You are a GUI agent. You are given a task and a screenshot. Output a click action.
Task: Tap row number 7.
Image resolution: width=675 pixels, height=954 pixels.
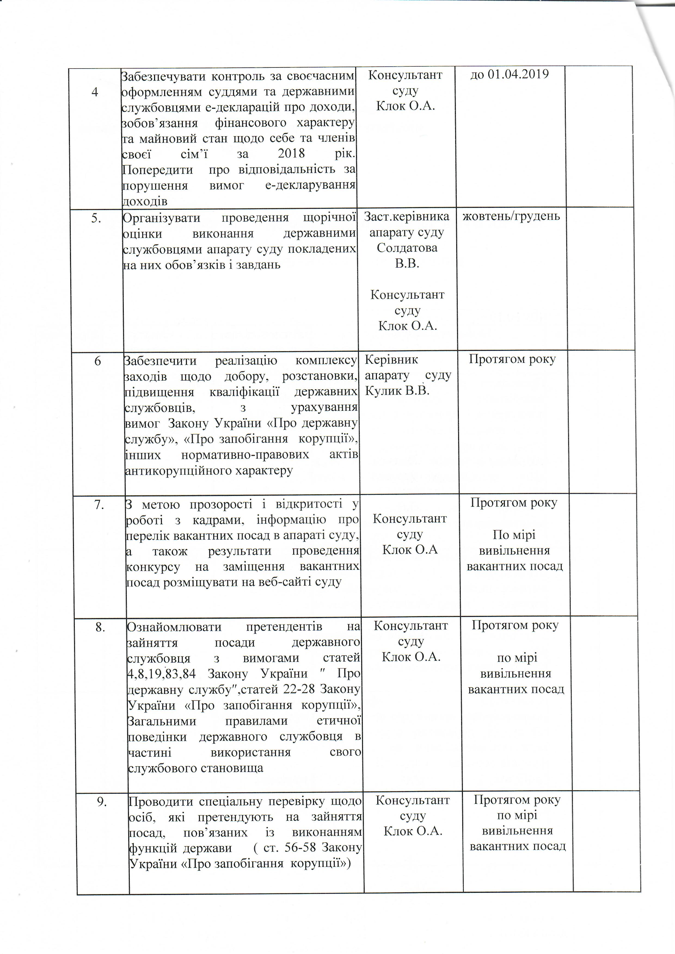[99, 504]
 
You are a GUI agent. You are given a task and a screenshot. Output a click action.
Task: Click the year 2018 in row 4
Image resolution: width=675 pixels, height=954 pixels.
[291, 154]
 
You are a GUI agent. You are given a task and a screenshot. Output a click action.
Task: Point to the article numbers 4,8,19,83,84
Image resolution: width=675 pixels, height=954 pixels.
[161, 674]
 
